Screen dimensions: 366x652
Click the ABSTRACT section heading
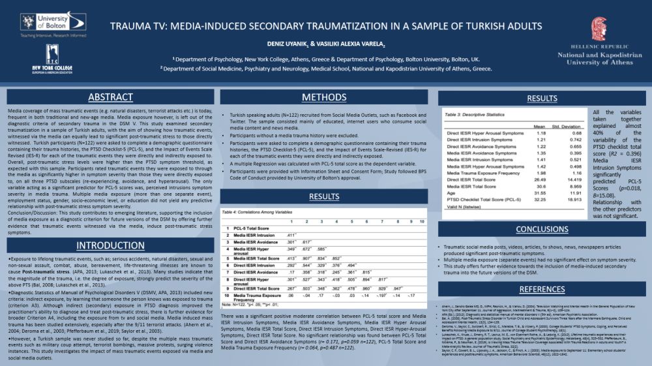[110, 97]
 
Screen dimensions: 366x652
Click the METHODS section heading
[324, 97]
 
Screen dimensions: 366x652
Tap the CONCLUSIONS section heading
[542, 229]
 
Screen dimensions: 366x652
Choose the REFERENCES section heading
[542, 289]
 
